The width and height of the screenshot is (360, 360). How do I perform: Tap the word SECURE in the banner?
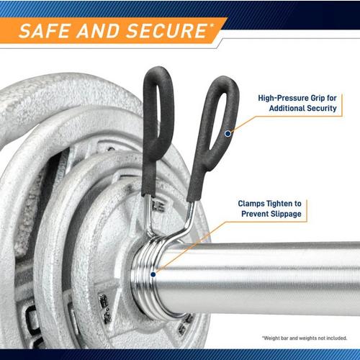166,31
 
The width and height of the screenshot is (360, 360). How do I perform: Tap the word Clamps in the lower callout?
252,204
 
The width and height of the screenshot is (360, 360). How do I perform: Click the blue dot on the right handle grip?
228,133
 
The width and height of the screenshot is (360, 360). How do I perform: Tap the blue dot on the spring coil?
153,274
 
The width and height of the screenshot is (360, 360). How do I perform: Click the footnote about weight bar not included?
305,338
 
